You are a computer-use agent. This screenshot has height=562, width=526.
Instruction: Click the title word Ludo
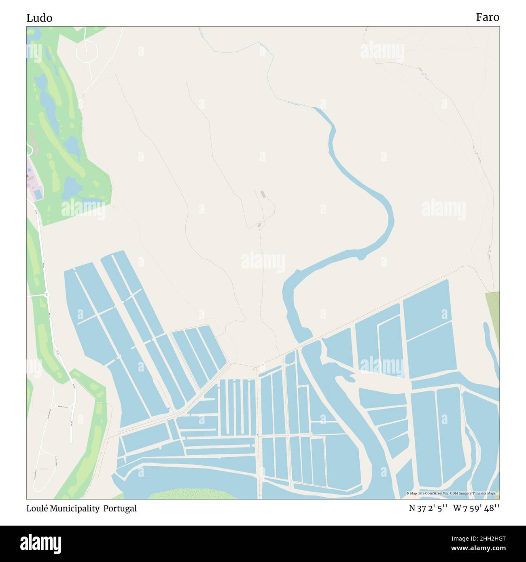pos(39,18)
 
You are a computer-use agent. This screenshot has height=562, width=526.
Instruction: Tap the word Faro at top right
pos(487,17)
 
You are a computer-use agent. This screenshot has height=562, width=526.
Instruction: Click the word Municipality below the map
pos(75,508)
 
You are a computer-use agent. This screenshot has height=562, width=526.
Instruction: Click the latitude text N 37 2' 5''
pos(428,508)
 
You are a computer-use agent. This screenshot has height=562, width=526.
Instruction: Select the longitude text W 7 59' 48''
pos(476,508)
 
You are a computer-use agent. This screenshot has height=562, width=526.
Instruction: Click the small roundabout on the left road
pos(47,294)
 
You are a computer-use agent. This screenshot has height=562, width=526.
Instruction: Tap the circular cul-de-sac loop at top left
pos(87,51)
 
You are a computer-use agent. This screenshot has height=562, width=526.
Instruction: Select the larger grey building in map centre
pos(263,194)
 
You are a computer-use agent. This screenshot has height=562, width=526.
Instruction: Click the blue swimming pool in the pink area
pos(38,194)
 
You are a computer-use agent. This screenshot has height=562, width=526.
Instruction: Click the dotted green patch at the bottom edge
pos(182,494)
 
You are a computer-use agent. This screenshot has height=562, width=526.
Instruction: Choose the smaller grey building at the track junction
pos(260,225)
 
